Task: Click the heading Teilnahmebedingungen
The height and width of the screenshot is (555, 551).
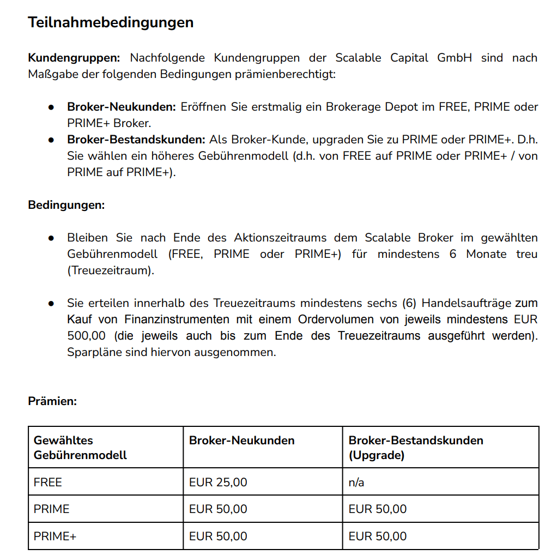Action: coord(111,22)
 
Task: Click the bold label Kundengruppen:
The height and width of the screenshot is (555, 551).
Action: coord(74,58)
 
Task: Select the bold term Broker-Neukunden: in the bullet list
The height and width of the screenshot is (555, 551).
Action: coord(121,107)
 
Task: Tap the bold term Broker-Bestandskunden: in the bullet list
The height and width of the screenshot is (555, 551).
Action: coord(136,140)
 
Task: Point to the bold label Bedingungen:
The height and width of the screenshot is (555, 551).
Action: coord(66,206)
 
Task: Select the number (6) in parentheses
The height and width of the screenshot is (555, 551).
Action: coord(409,303)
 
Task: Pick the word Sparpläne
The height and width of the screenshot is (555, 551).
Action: coord(93,352)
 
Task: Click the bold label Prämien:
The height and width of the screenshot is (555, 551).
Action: coord(52,401)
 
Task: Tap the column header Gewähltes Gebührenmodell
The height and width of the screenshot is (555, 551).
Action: coord(80,448)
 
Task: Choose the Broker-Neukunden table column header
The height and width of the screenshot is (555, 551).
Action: coord(241,441)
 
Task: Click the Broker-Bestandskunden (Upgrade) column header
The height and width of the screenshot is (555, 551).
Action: coord(416,448)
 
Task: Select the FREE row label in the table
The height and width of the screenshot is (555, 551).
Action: coord(48,482)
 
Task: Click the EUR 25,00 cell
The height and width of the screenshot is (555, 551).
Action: coord(218,482)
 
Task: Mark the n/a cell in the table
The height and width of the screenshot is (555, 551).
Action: coord(356,482)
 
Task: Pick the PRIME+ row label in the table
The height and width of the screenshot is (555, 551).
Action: coord(55,536)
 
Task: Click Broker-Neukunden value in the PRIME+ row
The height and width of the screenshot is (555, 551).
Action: coord(218,536)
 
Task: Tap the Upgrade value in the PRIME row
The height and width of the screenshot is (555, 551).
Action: coord(378,509)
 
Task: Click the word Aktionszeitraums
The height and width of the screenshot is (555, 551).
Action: coord(280,238)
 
